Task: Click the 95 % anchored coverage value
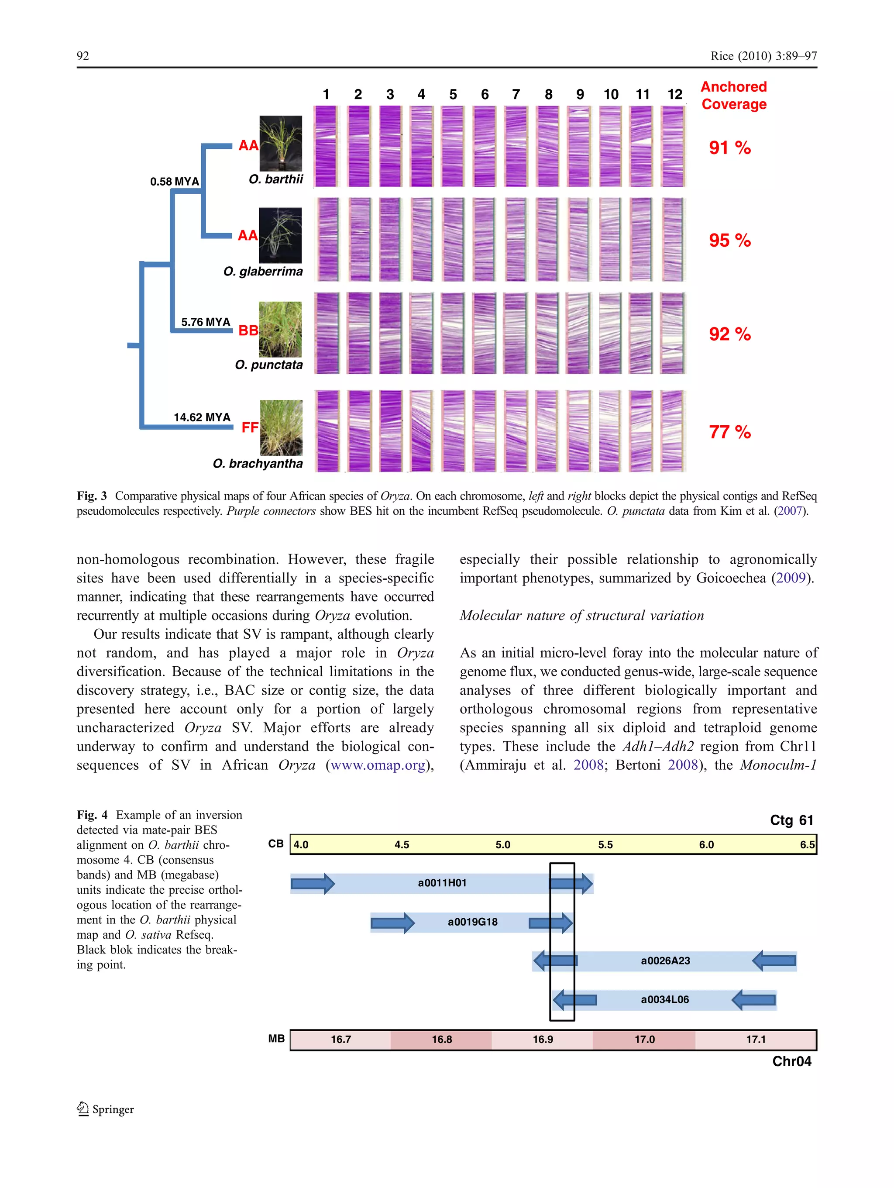[x=729, y=240]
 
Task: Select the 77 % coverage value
[x=729, y=432]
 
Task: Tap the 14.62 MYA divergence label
[x=202, y=417]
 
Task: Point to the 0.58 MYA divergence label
[x=175, y=182]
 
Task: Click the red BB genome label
[x=248, y=331]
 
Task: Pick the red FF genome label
[x=250, y=427]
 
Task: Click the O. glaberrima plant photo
[x=280, y=235]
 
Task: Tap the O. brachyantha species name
[x=258, y=464]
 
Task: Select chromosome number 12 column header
[x=674, y=94]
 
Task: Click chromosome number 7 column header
[x=516, y=94]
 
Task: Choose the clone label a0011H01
[x=442, y=883]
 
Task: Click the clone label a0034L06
[x=665, y=999]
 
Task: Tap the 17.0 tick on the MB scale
[x=644, y=1040]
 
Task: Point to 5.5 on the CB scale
[x=605, y=845]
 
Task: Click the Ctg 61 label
[x=791, y=820]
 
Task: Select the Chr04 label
[x=791, y=1061]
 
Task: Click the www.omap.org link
[x=378, y=765]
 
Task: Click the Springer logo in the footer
[x=106, y=1109]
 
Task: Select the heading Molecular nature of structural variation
[x=581, y=616]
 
